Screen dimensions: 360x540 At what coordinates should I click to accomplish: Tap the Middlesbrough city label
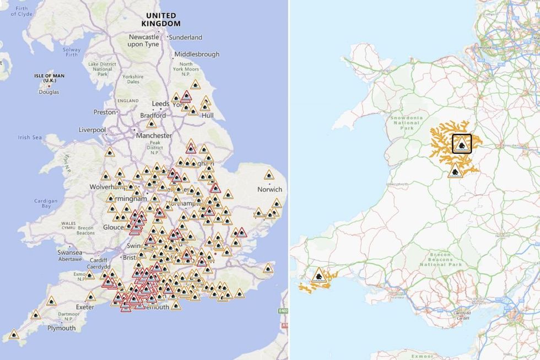(x=197, y=54)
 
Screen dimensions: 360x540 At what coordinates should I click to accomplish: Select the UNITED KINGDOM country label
(x=160, y=20)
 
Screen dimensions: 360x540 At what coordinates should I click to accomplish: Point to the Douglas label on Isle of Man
(x=48, y=92)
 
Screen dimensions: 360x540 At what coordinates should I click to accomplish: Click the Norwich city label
(x=269, y=190)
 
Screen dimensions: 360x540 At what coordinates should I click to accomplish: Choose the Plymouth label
(x=61, y=328)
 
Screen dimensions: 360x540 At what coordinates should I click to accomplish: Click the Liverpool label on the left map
(x=92, y=130)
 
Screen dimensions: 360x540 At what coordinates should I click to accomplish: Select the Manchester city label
(x=154, y=136)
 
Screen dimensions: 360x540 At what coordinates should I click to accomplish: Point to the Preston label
(x=105, y=112)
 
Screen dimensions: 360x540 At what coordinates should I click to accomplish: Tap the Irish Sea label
(x=30, y=138)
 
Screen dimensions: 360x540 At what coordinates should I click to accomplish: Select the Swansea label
(x=69, y=252)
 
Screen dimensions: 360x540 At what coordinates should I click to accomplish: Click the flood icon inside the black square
(x=462, y=144)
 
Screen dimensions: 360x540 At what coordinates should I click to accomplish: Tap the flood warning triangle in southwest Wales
(x=318, y=275)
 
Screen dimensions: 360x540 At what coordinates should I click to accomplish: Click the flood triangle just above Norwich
(x=269, y=176)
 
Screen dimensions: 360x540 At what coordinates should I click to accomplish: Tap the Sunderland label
(x=187, y=37)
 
